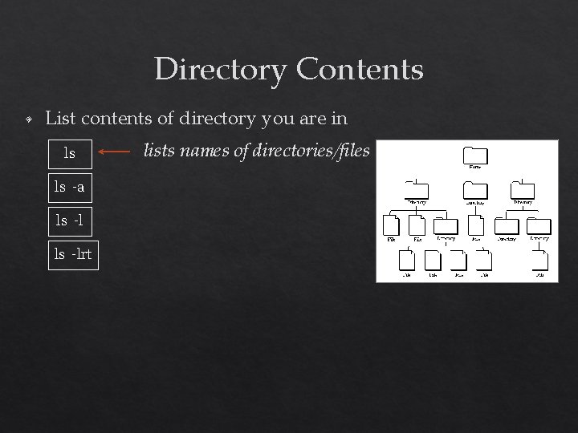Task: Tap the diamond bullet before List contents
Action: click(x=27, y=120)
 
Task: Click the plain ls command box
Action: click(x=71, y=151)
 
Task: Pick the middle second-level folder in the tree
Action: click(x=475, y=190)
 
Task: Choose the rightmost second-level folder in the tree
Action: click(x=523, y=190)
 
